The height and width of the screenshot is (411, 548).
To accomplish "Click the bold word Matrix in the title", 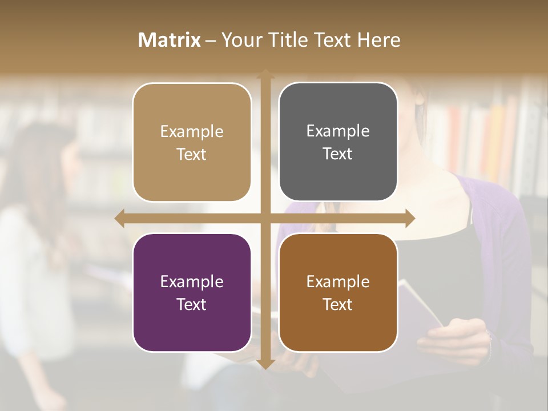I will point(170,40).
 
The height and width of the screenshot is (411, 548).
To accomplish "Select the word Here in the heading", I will point(378,40).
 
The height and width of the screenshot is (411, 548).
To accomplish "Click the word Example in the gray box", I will point(338,131).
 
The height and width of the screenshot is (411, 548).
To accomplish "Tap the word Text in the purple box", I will point(192,304).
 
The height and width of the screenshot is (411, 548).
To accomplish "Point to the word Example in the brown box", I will point(338,281).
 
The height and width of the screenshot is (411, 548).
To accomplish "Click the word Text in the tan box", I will point(192,154).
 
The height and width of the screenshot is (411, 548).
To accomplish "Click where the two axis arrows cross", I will point(265,219).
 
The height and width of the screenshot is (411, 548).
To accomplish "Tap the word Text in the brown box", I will point(338,304).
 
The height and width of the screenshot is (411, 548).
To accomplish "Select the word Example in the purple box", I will point(192,281).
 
